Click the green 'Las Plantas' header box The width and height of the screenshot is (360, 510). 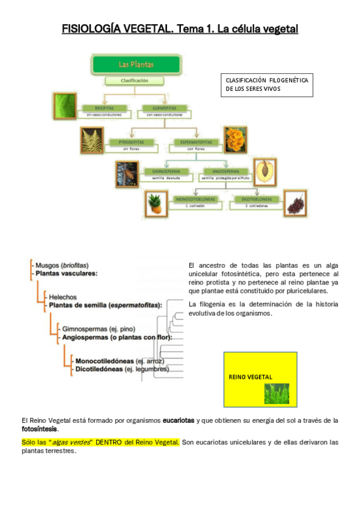pyautogui.click(x=136, y=64)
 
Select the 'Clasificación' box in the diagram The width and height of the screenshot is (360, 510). pyautogui.click(x=134, y=80)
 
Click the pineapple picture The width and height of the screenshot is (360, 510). pyautogui.click(x=155, y=203)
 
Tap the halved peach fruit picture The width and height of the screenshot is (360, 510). pyautogui.click(x=264, y=173)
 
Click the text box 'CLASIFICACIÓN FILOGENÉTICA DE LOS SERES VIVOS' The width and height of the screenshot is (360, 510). pyautogui.click(x=267, y=84)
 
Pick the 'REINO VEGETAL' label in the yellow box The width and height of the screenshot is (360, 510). pyautogui.click(x=251, y=377)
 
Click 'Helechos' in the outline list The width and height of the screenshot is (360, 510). pyautogui.click(x=63, y=296)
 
